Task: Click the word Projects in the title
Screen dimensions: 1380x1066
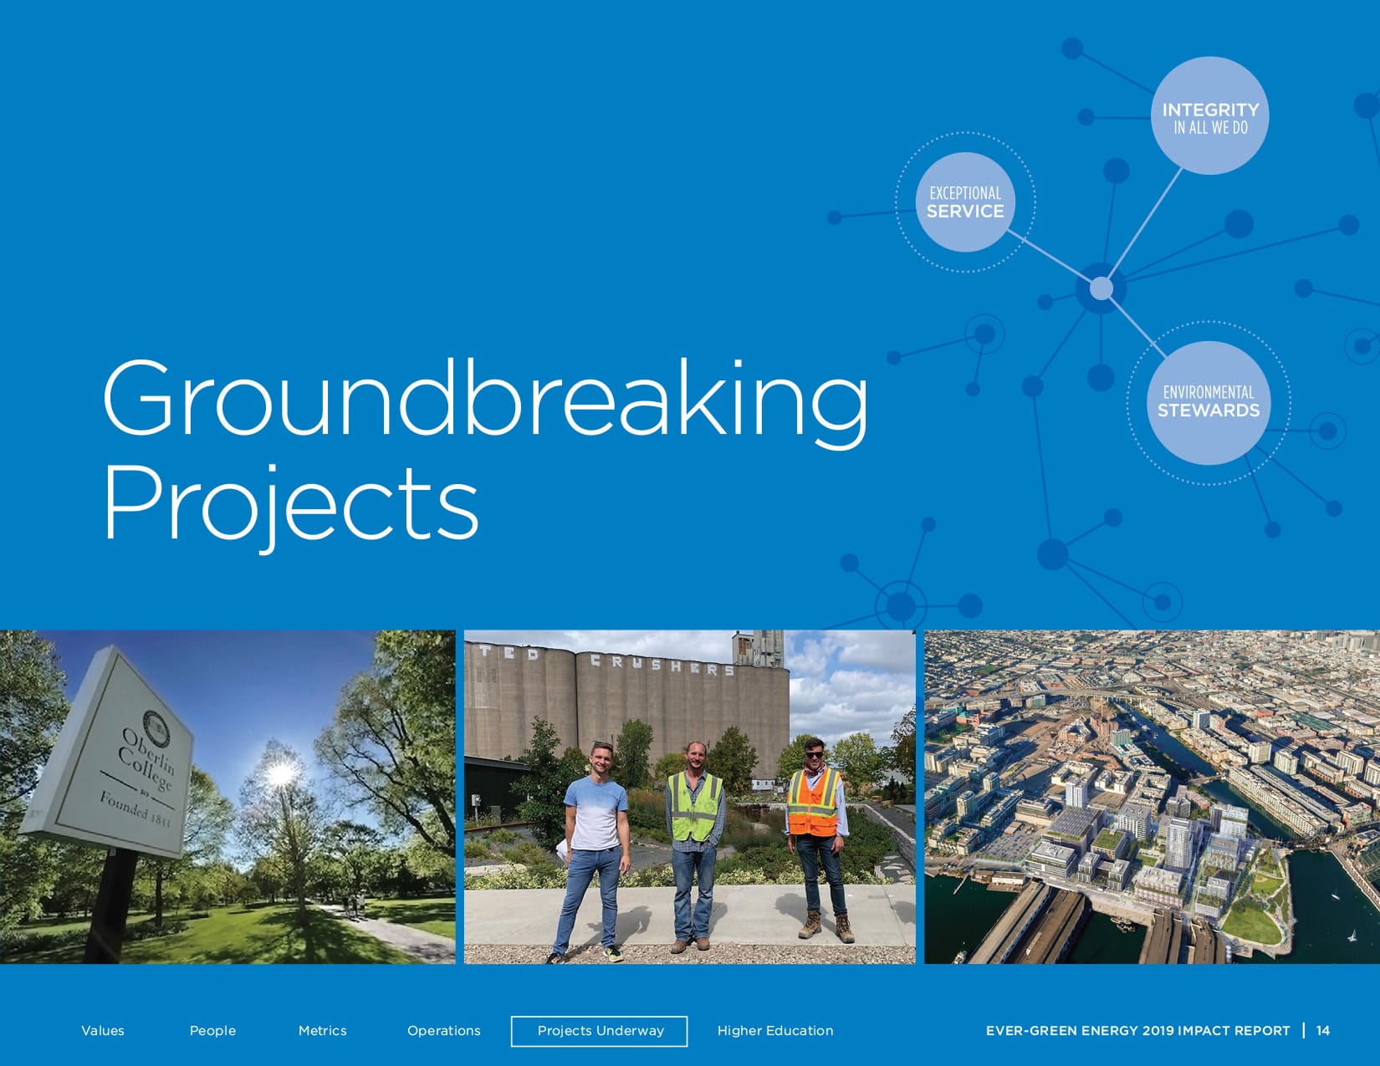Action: point(291,508)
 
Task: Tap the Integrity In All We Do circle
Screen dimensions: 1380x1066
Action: point(1210,115)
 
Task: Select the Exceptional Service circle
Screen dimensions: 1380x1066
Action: point(965,201)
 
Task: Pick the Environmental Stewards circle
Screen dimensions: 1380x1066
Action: point(1209,402)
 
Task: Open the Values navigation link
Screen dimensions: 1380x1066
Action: point(103,1031)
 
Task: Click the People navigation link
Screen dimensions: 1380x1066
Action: point(212,1031)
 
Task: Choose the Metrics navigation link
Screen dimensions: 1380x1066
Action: point(323,1031)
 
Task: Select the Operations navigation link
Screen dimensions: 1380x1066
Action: point(444,1031)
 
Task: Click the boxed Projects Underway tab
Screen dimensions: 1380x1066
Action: point(600,1031)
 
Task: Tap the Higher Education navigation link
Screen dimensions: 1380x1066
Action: point(775,1031)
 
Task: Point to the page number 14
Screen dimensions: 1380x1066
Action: point(1323,1031)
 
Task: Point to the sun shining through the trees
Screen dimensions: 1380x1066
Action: point(280,773)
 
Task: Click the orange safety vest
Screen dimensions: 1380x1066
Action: point(814,801)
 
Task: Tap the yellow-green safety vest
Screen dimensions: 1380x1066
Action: point(695,806)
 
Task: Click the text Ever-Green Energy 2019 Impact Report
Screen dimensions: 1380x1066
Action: point(1138,1031)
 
